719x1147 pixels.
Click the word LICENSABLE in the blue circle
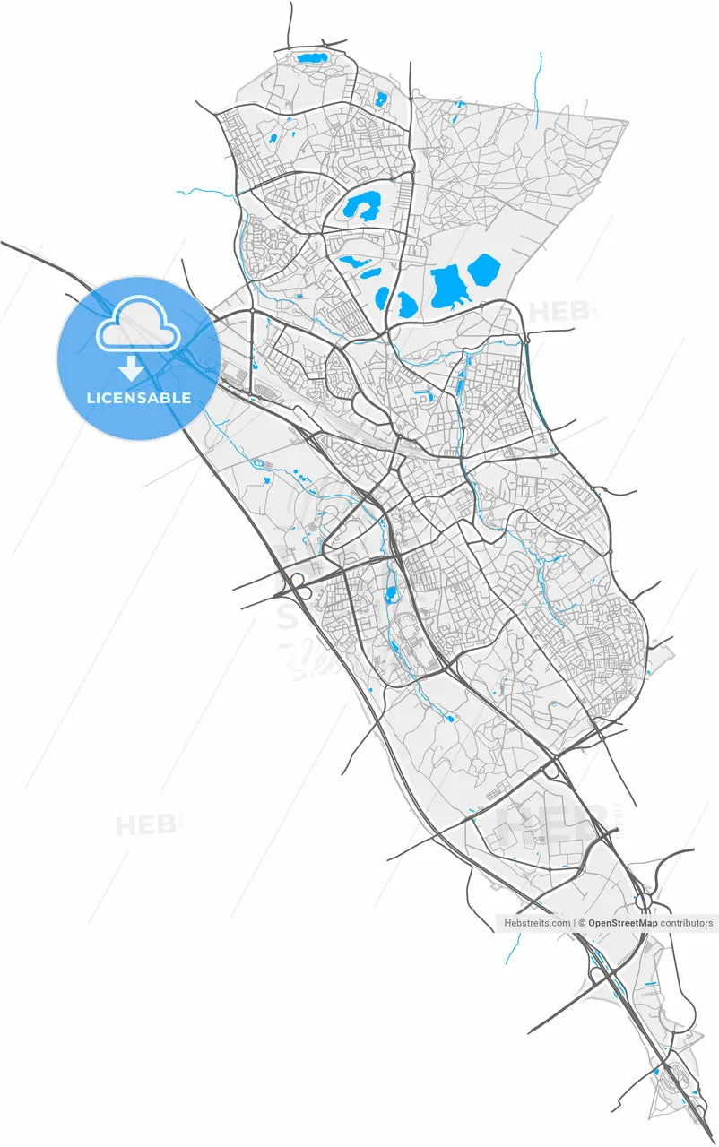pyautogui.click(x=139, y=398)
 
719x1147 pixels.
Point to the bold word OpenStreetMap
pyautogui.click(x=623, y=923)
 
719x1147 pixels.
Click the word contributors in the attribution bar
pyautogui.click(x=687, y=923)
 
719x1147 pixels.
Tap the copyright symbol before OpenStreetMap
pyautogui.click(x=582, y=923)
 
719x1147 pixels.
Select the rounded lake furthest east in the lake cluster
pyautogui.click(x=484, y=269)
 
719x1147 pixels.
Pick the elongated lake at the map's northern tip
pyautogui.click(x=313, y=59)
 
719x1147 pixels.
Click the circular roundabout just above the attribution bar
pyautogui.click(x=643, y=899)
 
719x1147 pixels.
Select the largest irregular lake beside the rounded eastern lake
pyautogui.click(x=446, y=288)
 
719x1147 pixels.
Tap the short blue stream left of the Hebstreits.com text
pyautogui.click(x=512, y=947)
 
